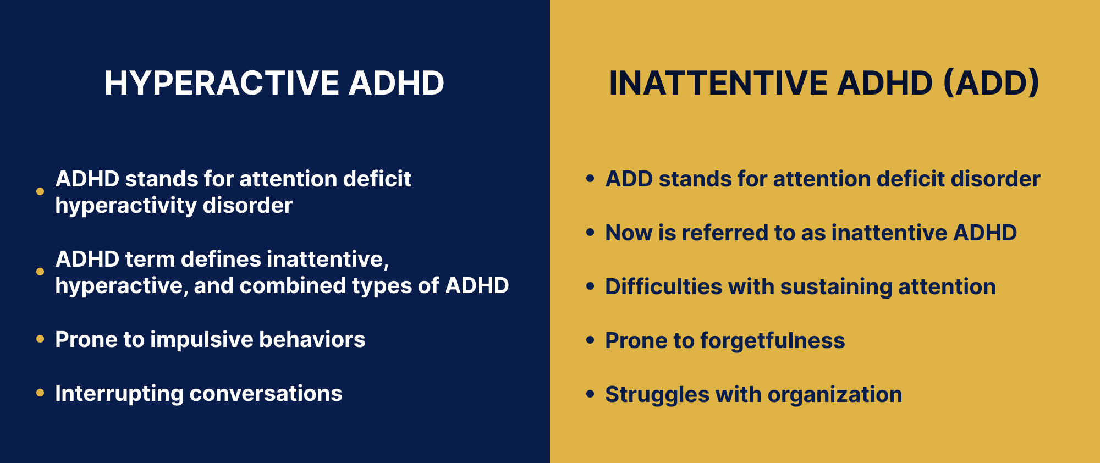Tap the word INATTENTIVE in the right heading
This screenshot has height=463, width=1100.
coord(718,83)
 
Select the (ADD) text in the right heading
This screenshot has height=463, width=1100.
coord(991,84)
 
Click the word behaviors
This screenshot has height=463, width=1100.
coord(312,339)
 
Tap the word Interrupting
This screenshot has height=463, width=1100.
coord(119,394)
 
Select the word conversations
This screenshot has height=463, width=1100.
coord(266,394)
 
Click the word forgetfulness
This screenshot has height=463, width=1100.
coord(773,340)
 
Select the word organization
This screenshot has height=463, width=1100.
coord(835,395)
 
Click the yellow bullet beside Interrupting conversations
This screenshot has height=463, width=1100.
coord(40,393)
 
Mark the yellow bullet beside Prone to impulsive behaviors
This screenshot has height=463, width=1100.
coord(40,339)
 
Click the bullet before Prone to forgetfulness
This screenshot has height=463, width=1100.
coord(591,340)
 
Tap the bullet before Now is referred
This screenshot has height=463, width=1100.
coord(591,232)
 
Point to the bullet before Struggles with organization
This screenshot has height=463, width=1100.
coord(591,394)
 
